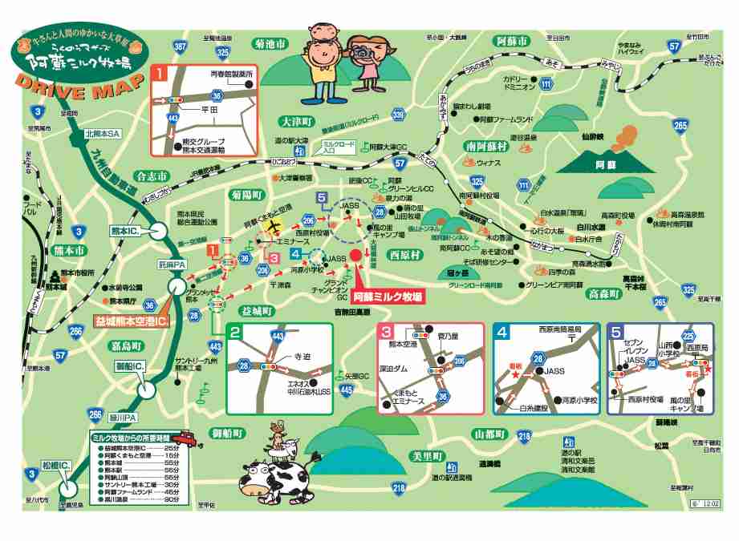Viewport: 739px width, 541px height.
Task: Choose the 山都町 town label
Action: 489,434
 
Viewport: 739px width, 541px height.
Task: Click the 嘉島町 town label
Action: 127,345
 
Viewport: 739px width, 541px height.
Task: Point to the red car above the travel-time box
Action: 186,438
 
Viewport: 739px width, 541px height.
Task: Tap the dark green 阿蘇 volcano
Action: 603,160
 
